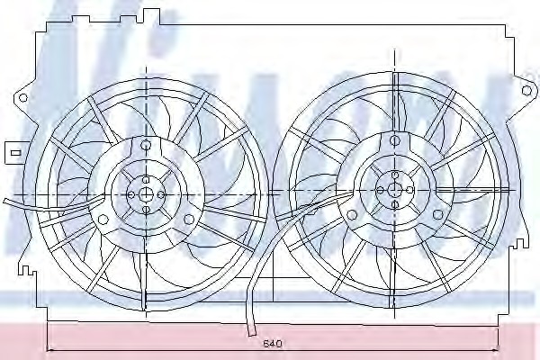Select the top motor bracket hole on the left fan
click(145, 144)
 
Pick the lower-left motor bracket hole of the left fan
click(103, 219)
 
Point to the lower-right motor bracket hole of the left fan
click(188, 219)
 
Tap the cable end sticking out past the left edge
click(5, 201)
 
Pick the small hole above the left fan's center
click(145, 179)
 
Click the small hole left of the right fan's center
click(381, 189)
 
